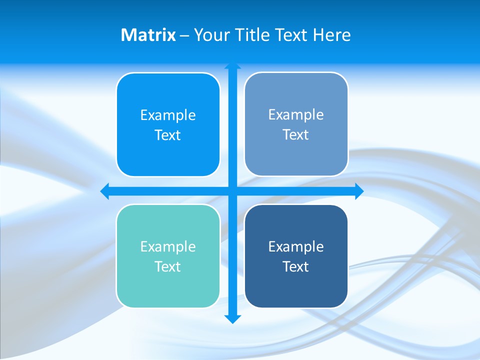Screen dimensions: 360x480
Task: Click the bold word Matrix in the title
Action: pos(148,35)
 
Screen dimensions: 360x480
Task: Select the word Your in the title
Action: pos(210,35)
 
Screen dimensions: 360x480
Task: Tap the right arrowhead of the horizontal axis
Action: pos(359,191)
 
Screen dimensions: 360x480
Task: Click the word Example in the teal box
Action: pos(168,246)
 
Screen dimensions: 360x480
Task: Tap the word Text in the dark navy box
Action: pos(296,266)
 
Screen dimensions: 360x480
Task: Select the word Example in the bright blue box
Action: pos(168,115)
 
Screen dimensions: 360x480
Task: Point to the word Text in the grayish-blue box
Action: pos(296,134)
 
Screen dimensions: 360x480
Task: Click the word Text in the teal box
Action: pos(168,266)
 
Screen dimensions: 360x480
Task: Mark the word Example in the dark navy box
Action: pos(296,246)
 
